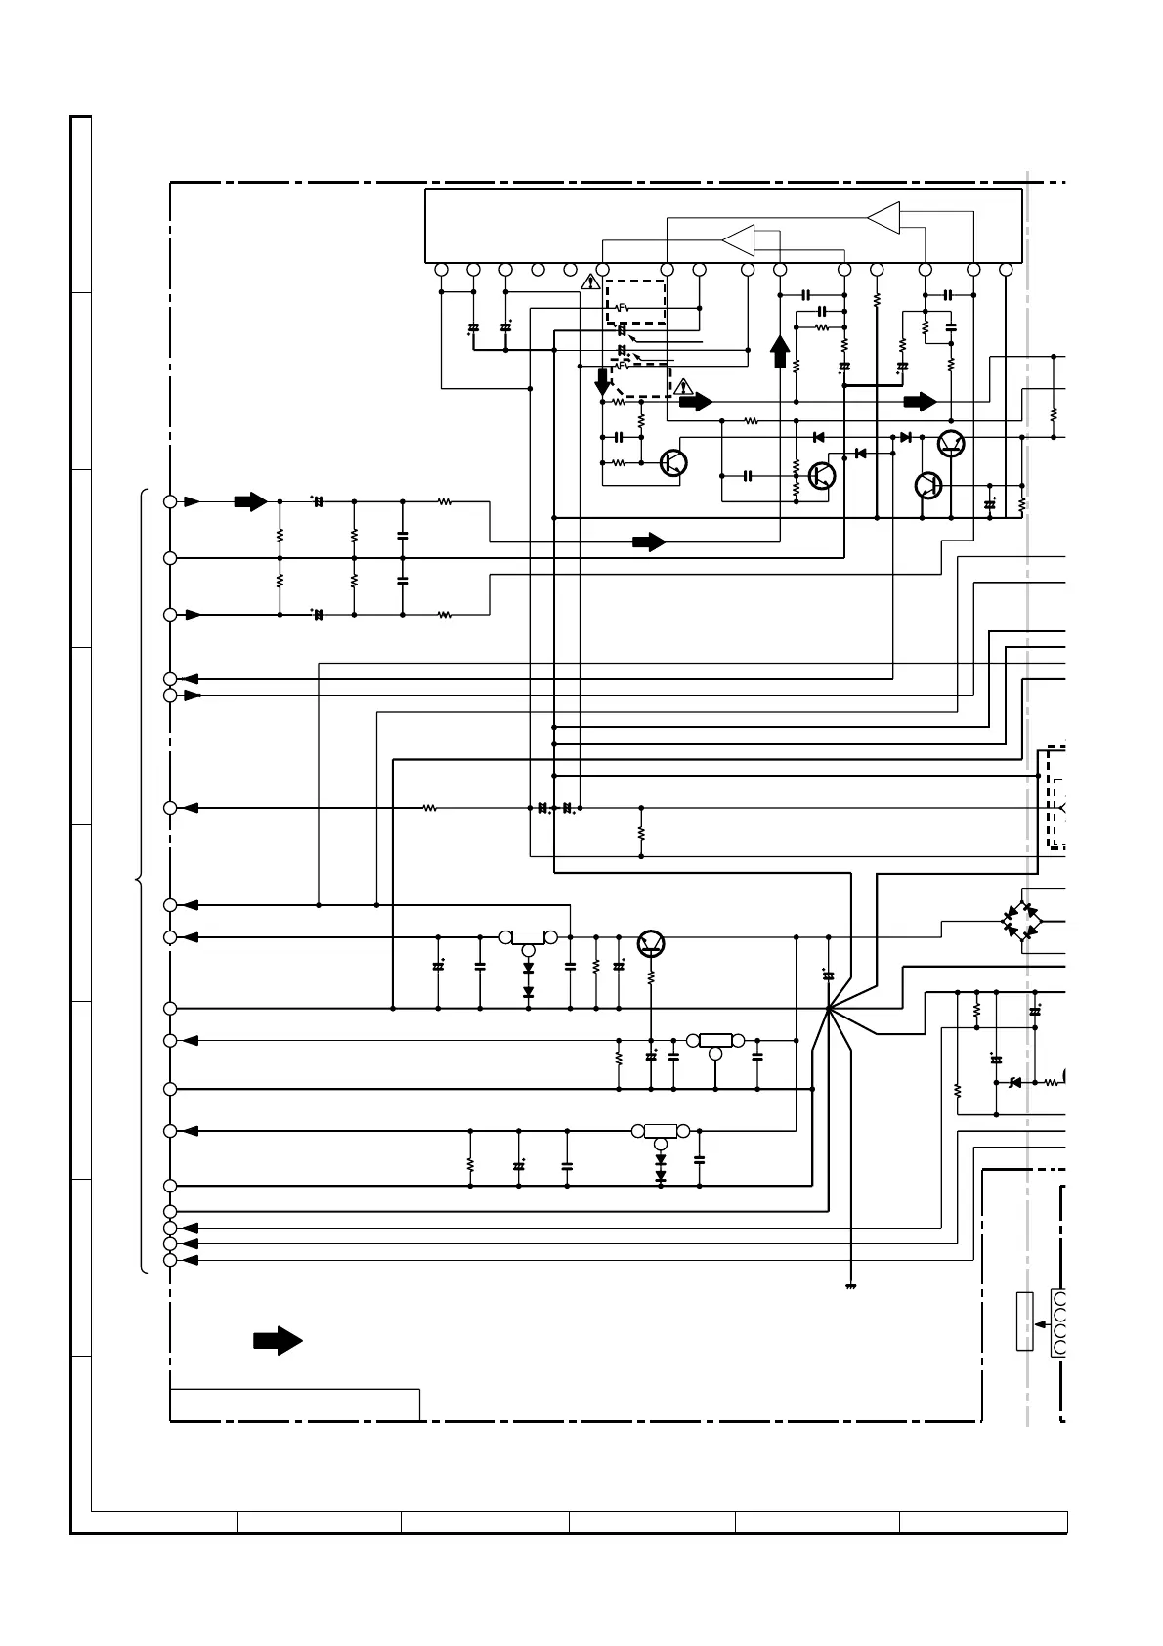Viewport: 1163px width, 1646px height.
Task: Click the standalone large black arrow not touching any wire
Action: [x=278, y=1340]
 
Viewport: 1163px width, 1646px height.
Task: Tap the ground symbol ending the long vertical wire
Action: [x=851, y=1286]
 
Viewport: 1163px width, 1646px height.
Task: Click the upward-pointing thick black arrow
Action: [x=780, y=351]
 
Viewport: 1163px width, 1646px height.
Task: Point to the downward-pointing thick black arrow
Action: [x=603, y=382]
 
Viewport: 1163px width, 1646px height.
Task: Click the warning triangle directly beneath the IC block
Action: [x=590, y=282]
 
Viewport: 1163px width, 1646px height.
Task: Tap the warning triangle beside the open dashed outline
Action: [x=684, y=386]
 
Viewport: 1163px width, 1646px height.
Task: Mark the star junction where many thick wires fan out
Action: [x=828, y=1008]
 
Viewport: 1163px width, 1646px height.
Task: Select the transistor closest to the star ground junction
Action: [x=651, y=943]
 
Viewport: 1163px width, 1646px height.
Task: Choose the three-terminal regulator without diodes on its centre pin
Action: [x=715, y=1042]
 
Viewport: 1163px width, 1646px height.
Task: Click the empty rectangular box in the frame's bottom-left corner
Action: [x=295, y=1405]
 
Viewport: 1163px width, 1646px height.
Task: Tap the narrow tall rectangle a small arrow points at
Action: [x=1024, y=1321]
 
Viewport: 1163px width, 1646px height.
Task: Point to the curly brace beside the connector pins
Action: [x=141, y=881]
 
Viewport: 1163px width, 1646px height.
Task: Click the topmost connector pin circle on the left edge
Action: [x=170, y=501]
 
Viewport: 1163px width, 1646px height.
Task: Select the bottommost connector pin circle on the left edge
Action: [x=170, y=1260]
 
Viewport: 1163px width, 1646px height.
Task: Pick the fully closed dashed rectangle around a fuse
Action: [x=636, y=301]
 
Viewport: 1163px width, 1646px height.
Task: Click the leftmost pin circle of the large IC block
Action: [x=441, y=270]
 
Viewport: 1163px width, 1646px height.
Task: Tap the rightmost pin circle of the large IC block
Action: [x=1006, y=270]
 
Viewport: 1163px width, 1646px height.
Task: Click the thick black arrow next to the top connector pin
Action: [x=250, y=501]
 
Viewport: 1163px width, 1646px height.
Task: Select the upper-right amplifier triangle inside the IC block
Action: [x=883, y=218]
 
